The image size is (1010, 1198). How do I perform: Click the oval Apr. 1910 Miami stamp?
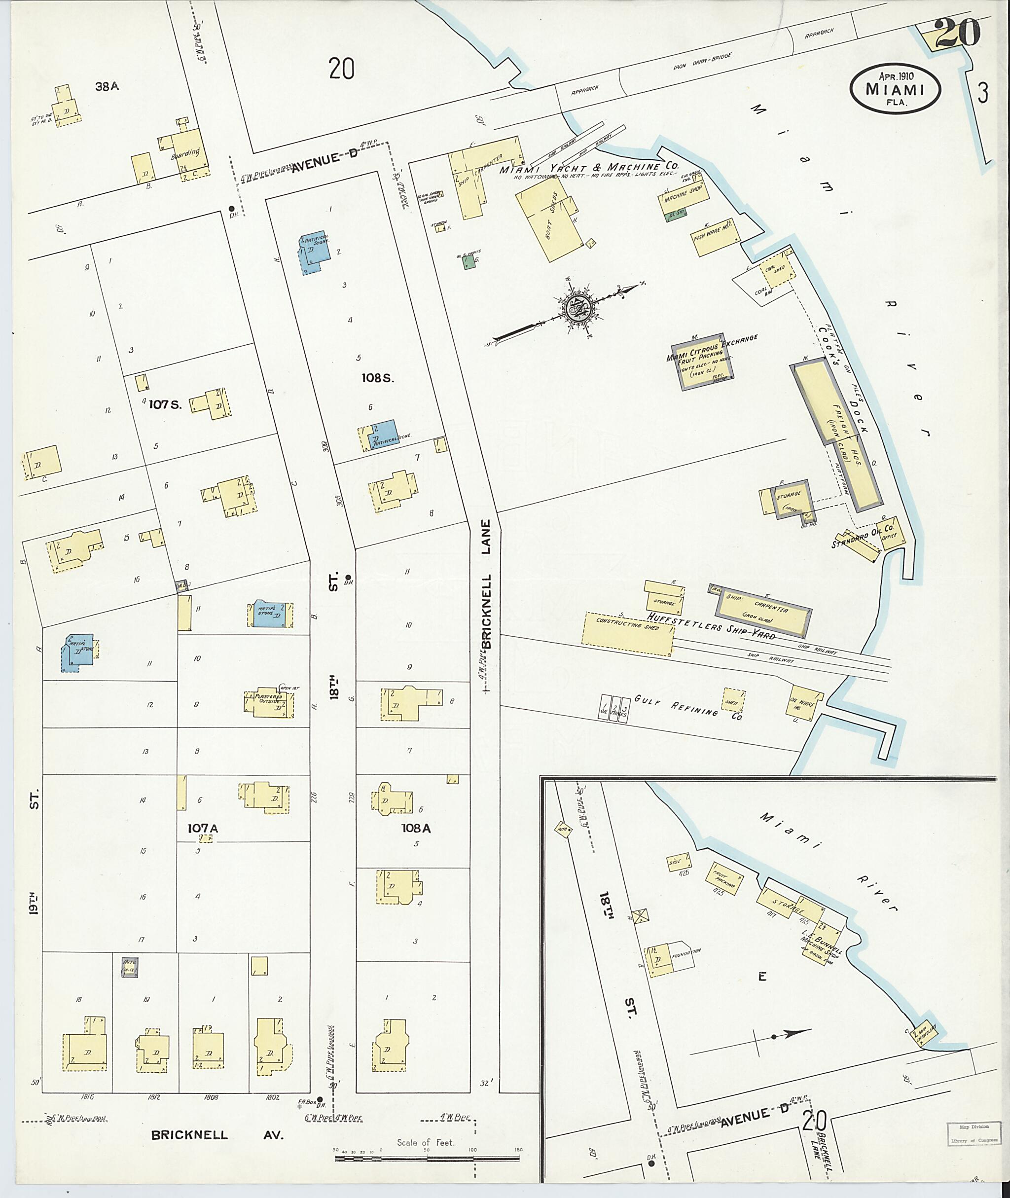[896, 90]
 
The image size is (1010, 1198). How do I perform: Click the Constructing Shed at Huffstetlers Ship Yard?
[629, 633]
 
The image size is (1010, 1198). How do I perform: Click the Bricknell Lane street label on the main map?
[486, 584]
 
